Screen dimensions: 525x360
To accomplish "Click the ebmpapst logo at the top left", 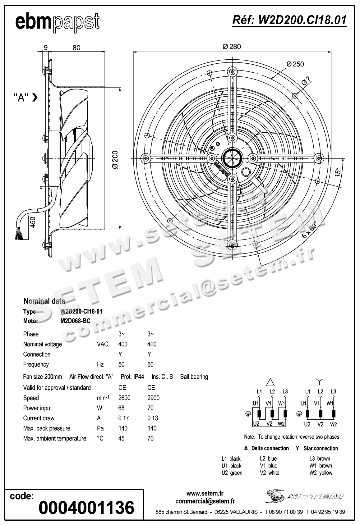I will [58, 22].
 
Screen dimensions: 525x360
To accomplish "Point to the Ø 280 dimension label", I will [232, 47].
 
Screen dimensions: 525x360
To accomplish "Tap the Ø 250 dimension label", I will [295, 64].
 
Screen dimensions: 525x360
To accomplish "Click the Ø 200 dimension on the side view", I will [115, 159].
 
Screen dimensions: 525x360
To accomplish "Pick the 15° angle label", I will [338, 172].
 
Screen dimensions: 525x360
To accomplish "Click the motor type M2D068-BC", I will [75, 321].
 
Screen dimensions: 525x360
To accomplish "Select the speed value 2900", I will [153, 398].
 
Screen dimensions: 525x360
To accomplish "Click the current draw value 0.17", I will [123, 418].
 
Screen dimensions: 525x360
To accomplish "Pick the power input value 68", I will [121, 408].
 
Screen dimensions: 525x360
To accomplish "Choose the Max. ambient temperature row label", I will [55, 438].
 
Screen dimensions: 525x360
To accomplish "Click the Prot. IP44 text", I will [132, 377].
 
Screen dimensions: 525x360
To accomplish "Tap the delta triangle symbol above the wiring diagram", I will [270, 382].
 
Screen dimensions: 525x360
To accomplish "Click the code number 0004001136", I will [86, 508].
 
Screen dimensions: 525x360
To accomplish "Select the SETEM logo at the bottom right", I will [305, 496].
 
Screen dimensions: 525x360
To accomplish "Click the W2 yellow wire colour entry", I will [321, 473].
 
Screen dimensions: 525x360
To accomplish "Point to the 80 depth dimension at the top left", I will [76, 48].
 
